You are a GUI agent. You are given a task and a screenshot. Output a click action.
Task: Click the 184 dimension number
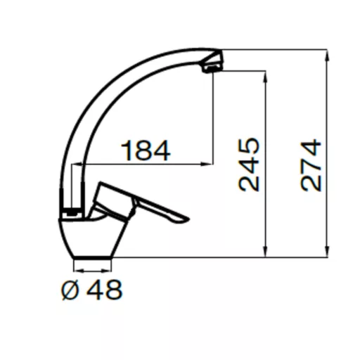pos(146,150)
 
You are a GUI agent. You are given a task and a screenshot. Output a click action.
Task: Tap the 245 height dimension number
pos(249,165)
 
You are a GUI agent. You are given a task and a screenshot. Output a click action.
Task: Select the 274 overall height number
pos(311,165)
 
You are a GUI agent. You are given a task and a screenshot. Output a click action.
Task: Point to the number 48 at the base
pos(105,289)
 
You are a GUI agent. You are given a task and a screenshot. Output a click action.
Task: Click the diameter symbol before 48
pos(70,290)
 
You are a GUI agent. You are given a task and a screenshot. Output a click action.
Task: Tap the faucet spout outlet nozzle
pos(212,68)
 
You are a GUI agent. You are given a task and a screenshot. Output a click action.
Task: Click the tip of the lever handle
pos(188,219)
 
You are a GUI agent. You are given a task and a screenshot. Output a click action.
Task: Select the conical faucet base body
pos(92,238)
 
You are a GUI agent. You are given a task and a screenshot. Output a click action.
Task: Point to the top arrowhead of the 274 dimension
pos(328,56)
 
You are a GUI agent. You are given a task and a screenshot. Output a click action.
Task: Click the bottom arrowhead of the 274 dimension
pos(328,252)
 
